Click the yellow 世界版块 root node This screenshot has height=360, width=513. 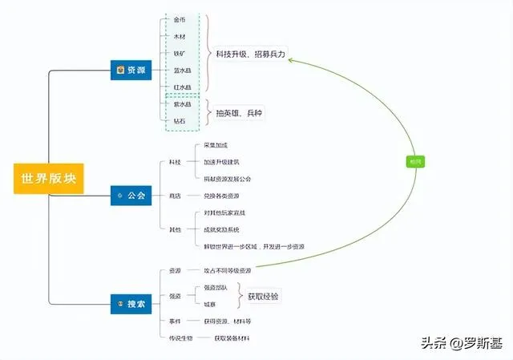[48, 177]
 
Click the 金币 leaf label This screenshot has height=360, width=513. [180, 19]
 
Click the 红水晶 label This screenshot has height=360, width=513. [182, 87]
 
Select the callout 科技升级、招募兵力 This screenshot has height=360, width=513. [251, 54]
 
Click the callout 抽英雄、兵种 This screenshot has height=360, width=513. [240, 112]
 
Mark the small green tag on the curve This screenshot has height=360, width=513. [416, 161]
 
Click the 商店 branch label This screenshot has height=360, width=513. [175, 196]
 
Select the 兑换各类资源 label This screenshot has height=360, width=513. [221, 196]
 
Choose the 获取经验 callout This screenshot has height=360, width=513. [264, 296]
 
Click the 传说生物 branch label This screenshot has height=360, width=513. [179, 338]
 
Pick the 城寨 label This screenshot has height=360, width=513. [210, 304]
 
